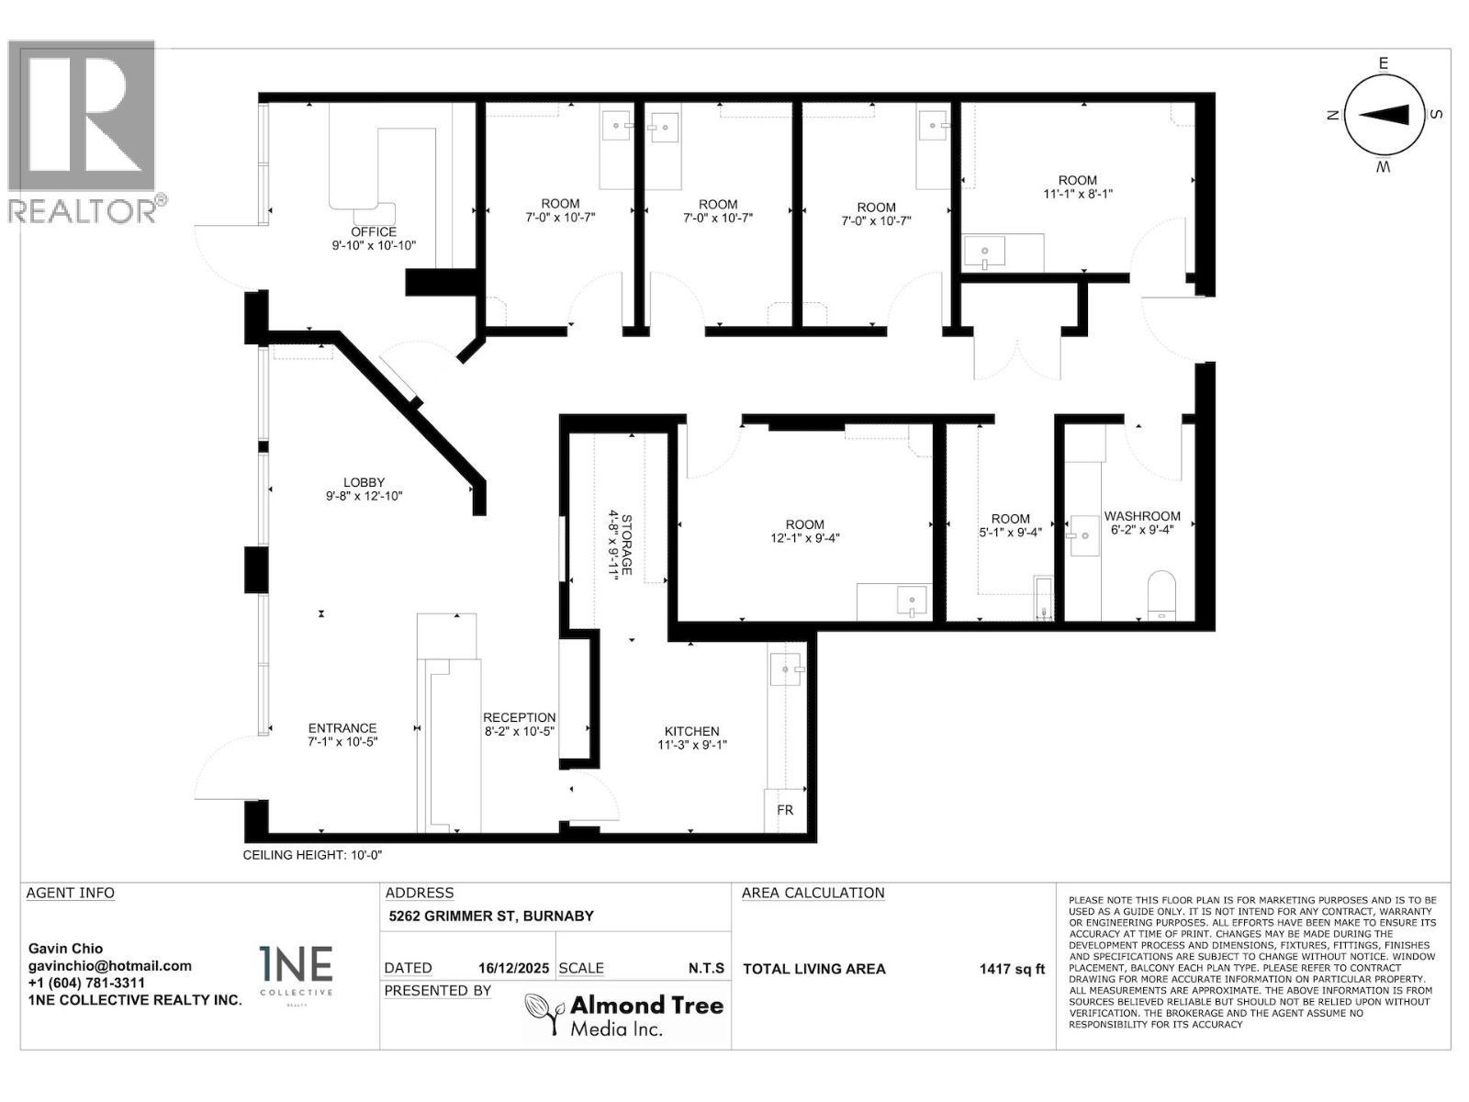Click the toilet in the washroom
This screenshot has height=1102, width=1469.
coord(1161,594)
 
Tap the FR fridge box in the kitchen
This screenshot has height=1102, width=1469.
coord(785,811)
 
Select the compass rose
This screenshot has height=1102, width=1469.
coord(1384,115)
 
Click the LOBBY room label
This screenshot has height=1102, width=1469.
coord(364,482)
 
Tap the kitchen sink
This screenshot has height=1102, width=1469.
coord(786,669)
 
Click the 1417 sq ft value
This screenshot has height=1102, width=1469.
coord(1012,969)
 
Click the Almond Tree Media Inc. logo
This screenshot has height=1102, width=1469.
coord(624,1016)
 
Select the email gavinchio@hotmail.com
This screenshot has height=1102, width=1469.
coord(110,965)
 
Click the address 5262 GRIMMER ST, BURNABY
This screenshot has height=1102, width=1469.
coord(491,916)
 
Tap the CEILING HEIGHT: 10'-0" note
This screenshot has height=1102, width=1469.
coord(312,855)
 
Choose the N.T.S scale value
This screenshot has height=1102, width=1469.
coord(706,968)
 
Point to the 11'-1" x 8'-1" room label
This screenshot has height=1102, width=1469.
coord(1077,194)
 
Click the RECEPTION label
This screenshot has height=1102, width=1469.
coord(520,717)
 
